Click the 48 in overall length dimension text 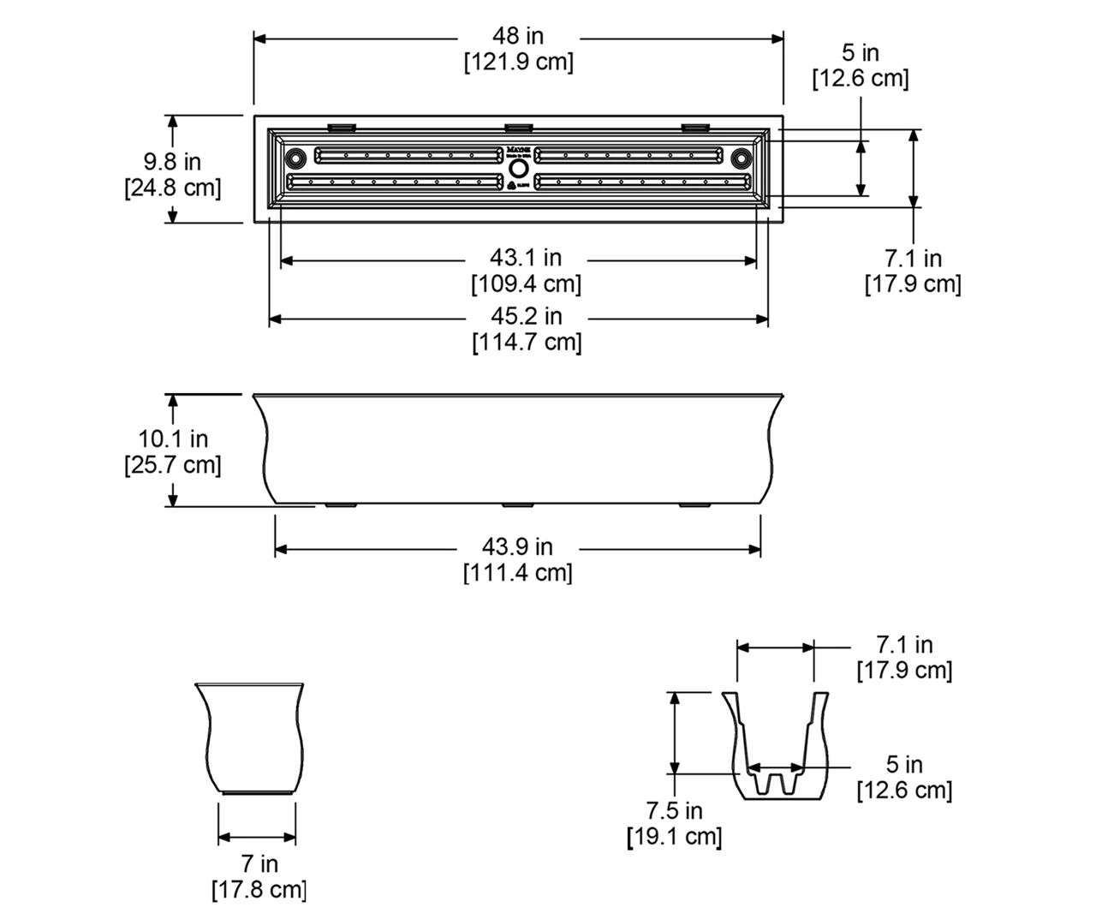[x=518, y=36]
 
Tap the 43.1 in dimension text [x=526, y=257]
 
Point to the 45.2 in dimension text [x=526, y=316]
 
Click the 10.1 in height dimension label [x=173, y=439]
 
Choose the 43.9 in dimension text [x=517, y=546]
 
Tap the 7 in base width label [x=259, y=863]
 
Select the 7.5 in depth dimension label [x=674, y=810]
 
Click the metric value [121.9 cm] [x=518, y=63]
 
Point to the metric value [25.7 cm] [x=173, y=465]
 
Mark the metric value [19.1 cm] [x=675, y=836]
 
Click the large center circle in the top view [x=518, y=168]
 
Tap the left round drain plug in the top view [x=295, y=158]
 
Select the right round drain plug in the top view [x=741, y=158]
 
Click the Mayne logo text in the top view [x=518, y=148]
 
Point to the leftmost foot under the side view [x=341, y=505]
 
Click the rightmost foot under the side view [x=695, y=505]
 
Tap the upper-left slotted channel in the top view [x=408, y=155]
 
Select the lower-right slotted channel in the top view [x=642, y=182]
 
